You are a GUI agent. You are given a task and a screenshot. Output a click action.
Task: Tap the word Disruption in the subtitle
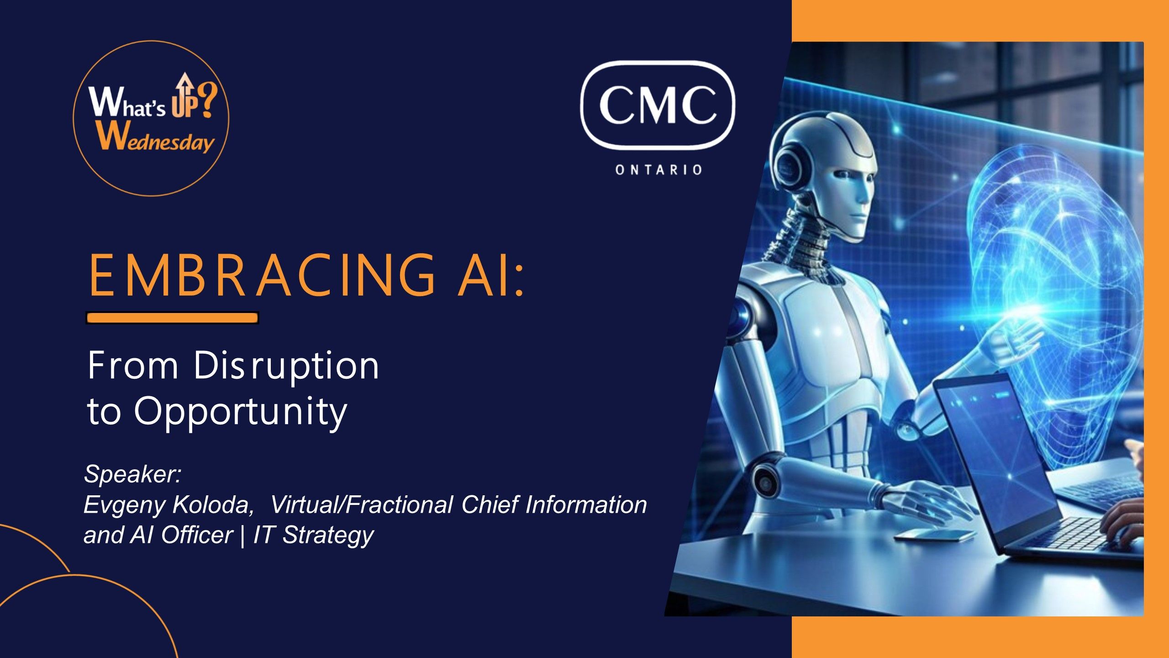coord(286,366)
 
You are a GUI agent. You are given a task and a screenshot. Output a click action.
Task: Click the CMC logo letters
coord(658,105)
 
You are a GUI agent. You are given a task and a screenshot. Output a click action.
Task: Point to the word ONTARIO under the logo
coord(658,170)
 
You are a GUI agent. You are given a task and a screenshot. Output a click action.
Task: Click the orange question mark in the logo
coord(207,100)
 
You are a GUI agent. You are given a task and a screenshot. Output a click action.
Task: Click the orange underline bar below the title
coord(172,318)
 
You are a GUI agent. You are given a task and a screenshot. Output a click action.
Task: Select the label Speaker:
coord(133,474)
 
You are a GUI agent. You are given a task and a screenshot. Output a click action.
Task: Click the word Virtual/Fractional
coord(362,504)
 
